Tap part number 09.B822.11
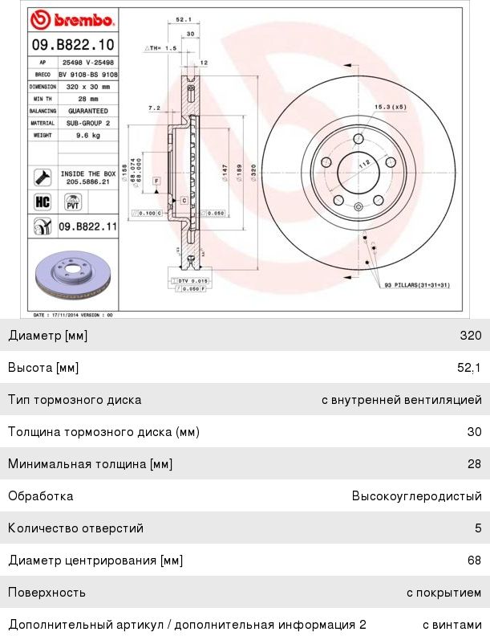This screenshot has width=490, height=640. pos(87,227)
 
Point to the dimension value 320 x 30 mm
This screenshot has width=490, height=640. pos(87,85)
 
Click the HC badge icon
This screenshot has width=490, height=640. pos(42,202)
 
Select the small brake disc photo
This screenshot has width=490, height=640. pos(74,278)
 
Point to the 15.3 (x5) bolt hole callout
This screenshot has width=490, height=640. pos(391,106)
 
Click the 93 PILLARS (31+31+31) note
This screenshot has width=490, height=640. pos(416,285)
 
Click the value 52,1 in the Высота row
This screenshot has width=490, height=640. pos(469,367)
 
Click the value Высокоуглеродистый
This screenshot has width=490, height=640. pos(416,495)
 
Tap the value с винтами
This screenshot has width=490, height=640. pos(452,624)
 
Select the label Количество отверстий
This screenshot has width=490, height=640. pos(76,528)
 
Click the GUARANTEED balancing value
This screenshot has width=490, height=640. pos(88,111)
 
